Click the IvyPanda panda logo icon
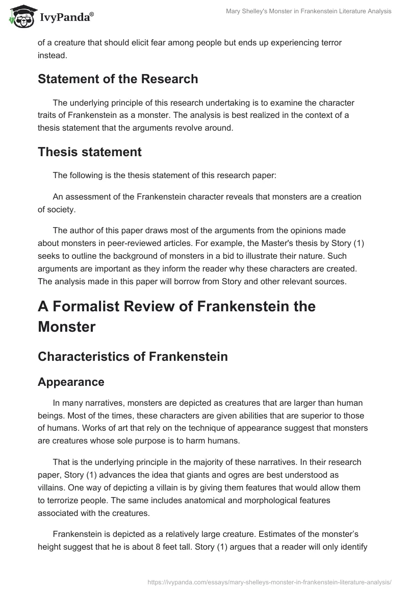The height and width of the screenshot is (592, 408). (x=20, y=16)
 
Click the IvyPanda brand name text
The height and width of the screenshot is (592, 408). (x=64, y=17)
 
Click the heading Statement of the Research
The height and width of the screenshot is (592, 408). (x=118, y=79)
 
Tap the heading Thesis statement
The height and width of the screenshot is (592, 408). (x=90, y=152)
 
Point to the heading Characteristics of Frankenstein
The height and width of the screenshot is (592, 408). (x=133, y=357)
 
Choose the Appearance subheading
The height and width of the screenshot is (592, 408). (x=71, y=382)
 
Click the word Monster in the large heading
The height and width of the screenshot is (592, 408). (x=67, y=327)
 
